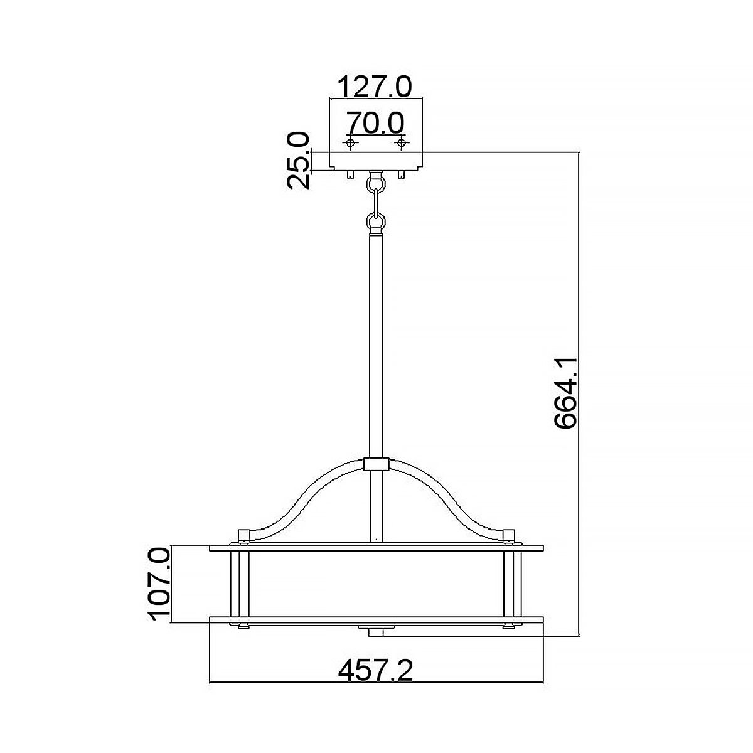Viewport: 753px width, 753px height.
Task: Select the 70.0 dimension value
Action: pyautogui.click(x=375, y=122)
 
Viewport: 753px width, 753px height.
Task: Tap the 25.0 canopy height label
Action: pyautogui.click(x=298, y=160)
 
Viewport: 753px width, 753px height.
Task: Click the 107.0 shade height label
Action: pyautogui.click(x=159, y=584)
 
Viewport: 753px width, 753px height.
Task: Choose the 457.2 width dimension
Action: pyautogui.click(x=375, y=671)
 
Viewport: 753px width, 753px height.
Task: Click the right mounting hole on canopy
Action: pyautogui.click(x=400, y=144)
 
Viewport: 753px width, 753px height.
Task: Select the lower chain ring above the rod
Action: pyautogui.click(x=376, y=222)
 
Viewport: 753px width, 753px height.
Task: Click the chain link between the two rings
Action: pyautogui.click(x=376, y=203)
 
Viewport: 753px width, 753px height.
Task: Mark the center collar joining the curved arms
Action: pyautogui.click(x=376, y=465)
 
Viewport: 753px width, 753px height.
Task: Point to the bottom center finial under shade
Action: pyautogui.click(x=375, y=629)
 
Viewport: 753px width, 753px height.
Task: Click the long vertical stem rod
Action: pyautogui.click(x=376, y=345)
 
